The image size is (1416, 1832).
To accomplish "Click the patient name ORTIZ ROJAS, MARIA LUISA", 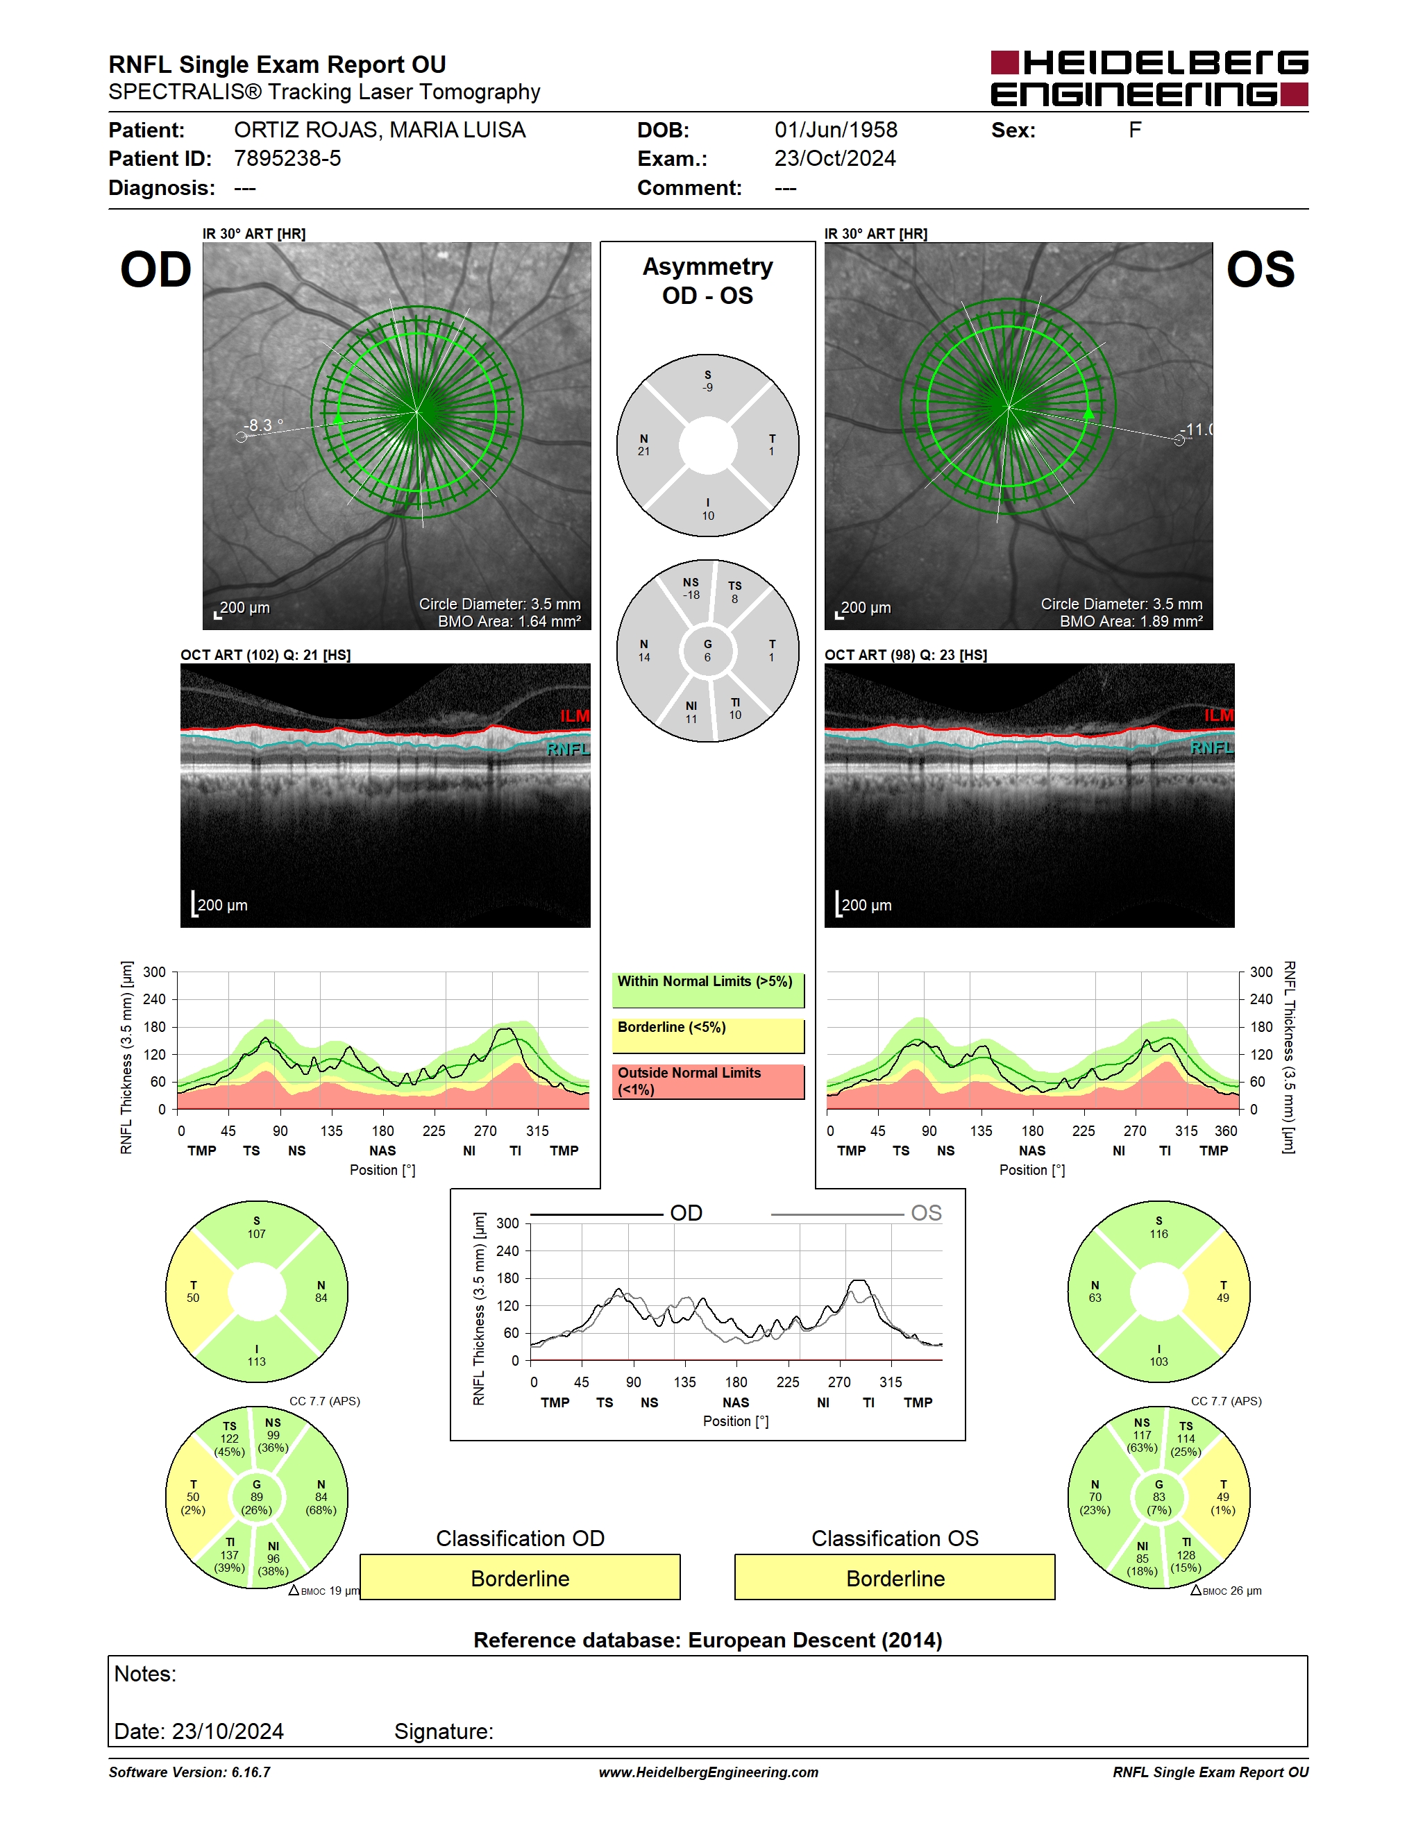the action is [379, 130].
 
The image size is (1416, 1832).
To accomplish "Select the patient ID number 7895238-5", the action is [287, 158].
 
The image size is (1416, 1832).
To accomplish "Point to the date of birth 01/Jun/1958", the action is [836, 130].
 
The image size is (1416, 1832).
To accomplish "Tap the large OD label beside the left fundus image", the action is [156, 270].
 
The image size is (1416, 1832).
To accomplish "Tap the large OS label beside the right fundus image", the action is [1260, 270].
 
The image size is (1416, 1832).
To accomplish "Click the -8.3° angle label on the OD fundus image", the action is [262, 425].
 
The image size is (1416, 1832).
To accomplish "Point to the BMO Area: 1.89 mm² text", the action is [1131, 622].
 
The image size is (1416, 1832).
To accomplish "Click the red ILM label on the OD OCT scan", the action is [575, 715].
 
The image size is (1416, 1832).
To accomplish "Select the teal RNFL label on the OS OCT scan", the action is [1211, 747].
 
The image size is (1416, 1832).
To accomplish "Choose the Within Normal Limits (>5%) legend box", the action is [708, 990].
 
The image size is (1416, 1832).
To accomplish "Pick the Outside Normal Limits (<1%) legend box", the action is [708, 1081].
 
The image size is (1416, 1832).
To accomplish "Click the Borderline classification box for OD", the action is [520, 1577].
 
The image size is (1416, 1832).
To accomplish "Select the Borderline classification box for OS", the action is [895, 1577].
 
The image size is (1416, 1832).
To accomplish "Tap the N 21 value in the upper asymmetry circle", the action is [643, 445].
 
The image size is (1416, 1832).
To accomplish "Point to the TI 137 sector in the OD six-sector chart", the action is [230, 1554].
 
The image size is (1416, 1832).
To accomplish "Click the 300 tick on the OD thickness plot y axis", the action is [154, 972].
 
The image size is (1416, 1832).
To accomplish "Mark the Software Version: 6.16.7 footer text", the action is [189, 1772].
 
